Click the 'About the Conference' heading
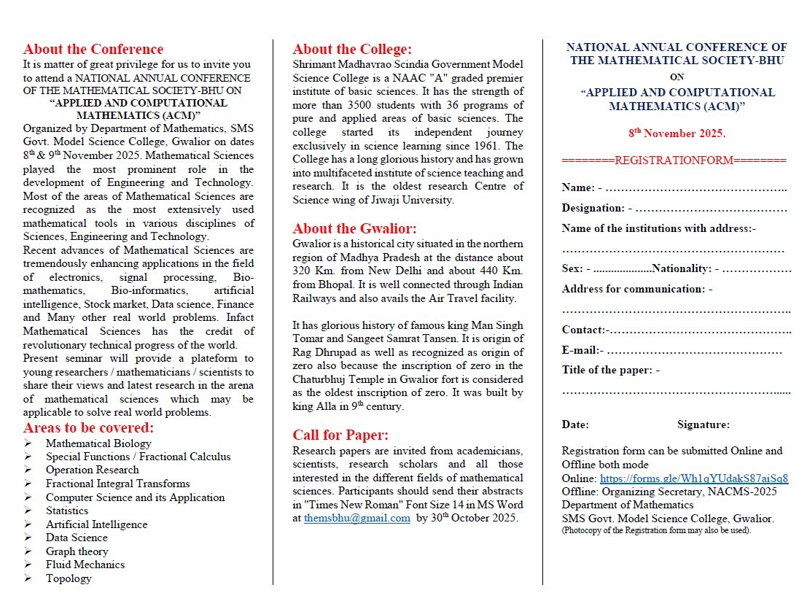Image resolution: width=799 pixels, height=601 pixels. (x=93, y=50)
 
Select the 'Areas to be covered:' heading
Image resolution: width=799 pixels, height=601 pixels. (x=88, y=427)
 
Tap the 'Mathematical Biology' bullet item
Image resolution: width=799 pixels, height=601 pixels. (x=98, y=443)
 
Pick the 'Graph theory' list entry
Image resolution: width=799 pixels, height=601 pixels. (x=77, y=551)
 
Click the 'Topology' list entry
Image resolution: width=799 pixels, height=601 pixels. (x=69, y=578)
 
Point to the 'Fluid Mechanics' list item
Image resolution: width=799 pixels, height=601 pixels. (x=85, y=565)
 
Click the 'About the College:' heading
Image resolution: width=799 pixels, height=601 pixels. (x=352, y=50)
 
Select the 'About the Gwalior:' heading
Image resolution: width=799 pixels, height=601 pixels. (x=354, y=228)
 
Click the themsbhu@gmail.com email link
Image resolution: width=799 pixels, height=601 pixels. (x=356, y=519)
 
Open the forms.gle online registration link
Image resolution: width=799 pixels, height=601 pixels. (x=694, y=478)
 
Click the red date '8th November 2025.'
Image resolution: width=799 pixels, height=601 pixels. (x=677, y=134)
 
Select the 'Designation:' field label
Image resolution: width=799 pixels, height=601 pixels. (x=593, y=208)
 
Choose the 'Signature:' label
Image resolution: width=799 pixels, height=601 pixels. (x=703, y=424)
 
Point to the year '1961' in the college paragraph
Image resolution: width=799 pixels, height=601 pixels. (x=509, y=146)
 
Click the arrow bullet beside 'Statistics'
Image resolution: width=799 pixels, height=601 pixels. (x=27, y=511)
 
